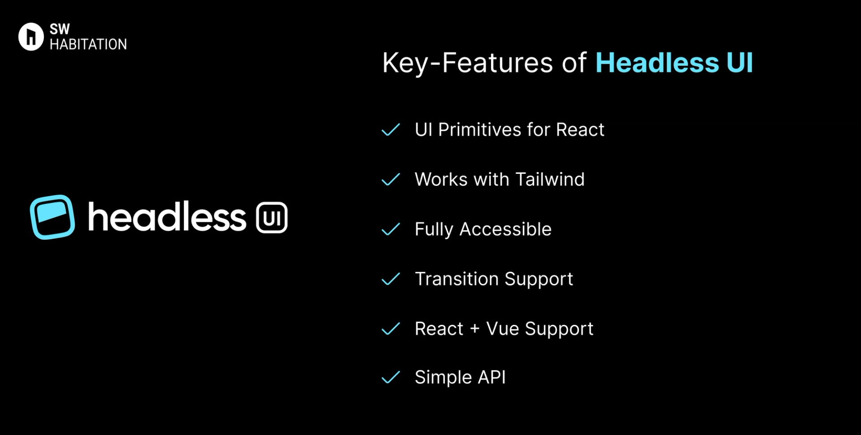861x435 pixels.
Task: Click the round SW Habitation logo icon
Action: (x=30, y=37)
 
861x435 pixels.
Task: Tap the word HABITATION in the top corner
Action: (x=88, y=44)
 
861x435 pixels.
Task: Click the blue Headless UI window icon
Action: (x=52, y=217)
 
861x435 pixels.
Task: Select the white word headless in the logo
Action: (x=167, y=217)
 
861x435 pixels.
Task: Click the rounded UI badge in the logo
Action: (x=272, y=218)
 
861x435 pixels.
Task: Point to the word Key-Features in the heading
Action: (x=462, y=63)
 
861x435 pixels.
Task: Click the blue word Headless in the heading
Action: (x=657, y=63)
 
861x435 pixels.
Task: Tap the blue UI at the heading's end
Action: (x=739, y=63)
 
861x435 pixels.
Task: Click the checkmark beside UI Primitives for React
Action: (x=391, y=130)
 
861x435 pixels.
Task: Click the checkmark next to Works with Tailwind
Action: (x=391, y=180)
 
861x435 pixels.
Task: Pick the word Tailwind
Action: (x=550, y=180)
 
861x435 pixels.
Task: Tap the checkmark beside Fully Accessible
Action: (x=391, y=229)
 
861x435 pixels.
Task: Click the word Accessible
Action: (x=505, y=229)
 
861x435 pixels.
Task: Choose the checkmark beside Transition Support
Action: (x=391, y=279)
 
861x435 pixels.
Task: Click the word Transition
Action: (x=457, y=279)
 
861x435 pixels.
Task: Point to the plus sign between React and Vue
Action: (x=475, y=329)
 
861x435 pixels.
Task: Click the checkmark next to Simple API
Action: (x=391, y=378)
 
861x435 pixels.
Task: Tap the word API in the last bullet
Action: (x=491, y=377)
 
